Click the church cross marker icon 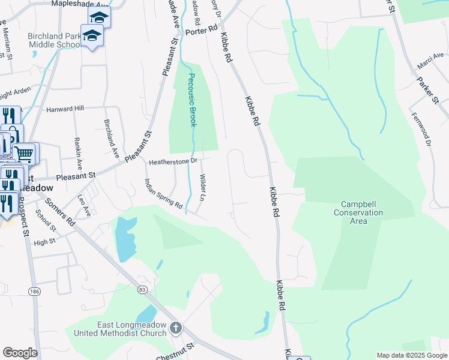[175, 328]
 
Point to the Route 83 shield [142, 289]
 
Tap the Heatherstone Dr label [173, 161]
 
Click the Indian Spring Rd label [163, 194]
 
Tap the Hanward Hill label [65, 109]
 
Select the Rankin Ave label [79, 154]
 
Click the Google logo [20, 353]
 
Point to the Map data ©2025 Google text [412, 355]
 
